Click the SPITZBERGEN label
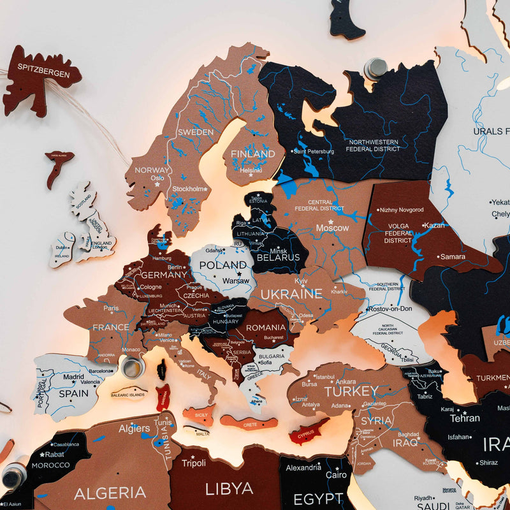44,74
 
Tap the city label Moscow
333,228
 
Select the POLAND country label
222,265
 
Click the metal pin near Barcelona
133,367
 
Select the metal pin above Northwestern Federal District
376,68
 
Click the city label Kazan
433,226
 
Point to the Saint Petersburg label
314,151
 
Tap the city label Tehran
465,418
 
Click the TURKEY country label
351,390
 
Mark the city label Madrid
73,377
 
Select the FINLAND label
253,154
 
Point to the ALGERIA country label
110,492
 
